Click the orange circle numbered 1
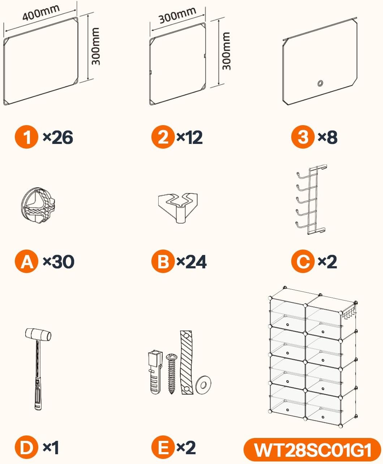tap(26, 137)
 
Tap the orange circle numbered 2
tap(163, 137)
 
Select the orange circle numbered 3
tap(303, 137)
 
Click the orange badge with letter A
tap(26, 261)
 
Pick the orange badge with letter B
tap(163, 261)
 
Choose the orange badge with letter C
tap(303, 261)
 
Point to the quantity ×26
tap(58, 137)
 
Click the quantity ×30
tap(59, 261)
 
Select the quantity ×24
tap(191, 261)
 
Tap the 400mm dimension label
tap(41, 12)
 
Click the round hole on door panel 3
tap(320, 83)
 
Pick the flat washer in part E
tap(203, 384)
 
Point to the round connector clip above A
tap(38, 205)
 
